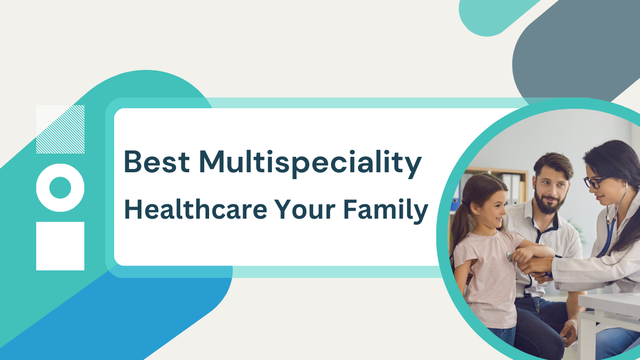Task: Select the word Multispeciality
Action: coord(310,163)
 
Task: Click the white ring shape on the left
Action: coord(60,187)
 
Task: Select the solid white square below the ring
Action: coord(60,246)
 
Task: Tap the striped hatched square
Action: coord(60,129)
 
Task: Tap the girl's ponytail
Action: coord(459,224)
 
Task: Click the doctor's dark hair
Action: coord(621,160)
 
